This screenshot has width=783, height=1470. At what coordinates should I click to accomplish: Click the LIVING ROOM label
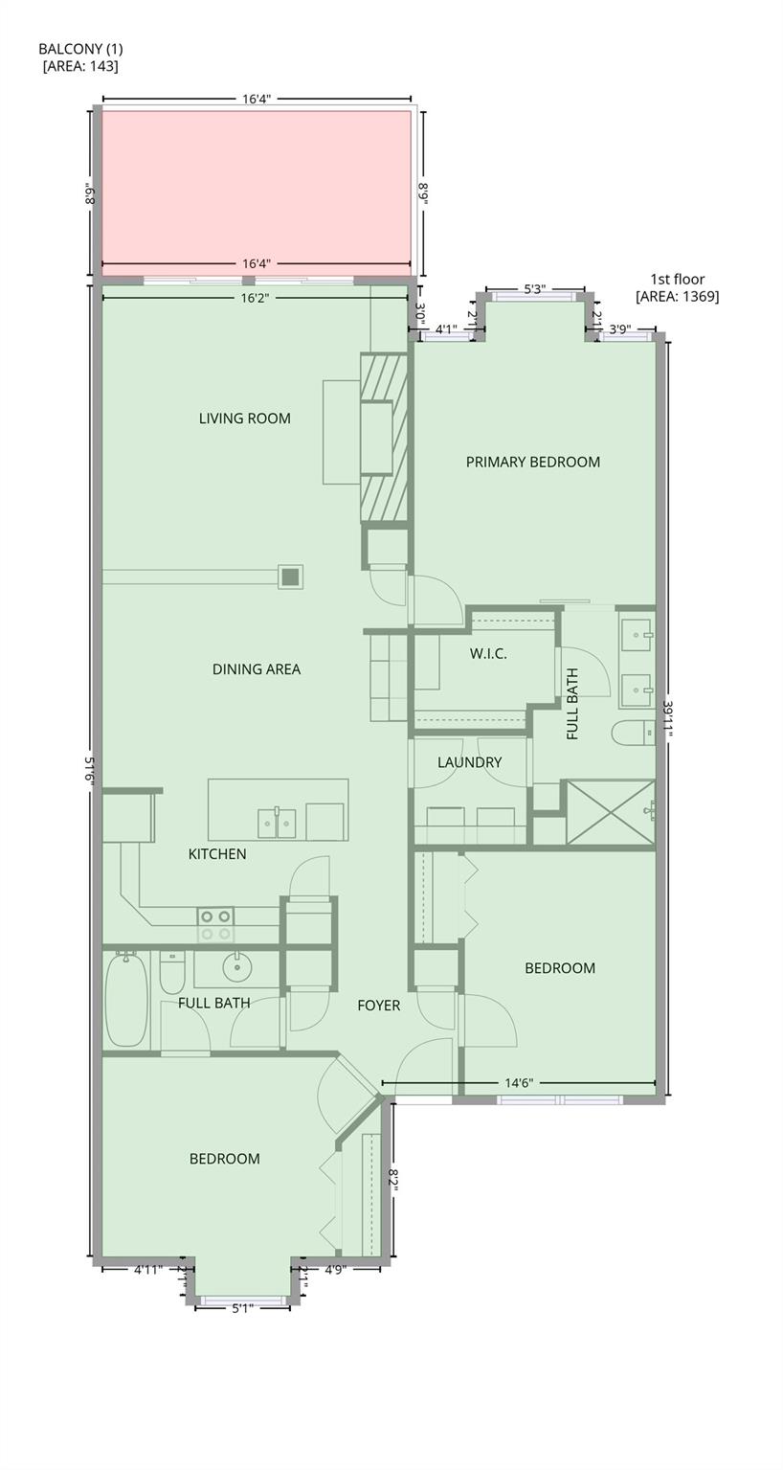tap(244, 418)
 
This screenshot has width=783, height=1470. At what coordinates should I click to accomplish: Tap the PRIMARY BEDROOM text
tap(532, 462)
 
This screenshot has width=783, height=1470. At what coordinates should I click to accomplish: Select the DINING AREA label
tap(257, 669)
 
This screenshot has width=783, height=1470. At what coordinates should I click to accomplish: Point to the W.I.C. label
tap(487, 654)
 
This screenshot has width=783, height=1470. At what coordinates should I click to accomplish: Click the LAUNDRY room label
tap(469, 762)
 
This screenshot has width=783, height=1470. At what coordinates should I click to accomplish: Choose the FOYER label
tap(378, 1006)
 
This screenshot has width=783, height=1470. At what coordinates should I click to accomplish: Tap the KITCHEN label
tap(217, 854)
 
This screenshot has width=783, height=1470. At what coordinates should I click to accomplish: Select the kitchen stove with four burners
tap(215, 924)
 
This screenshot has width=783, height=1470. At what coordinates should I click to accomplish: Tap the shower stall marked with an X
tap(610, 812)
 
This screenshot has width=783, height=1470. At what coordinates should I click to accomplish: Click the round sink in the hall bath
tap(236, 969)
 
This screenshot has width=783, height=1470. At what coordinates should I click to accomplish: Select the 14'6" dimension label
tap(519, 1083)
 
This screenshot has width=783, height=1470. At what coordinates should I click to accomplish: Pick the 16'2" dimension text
tap(256, 298)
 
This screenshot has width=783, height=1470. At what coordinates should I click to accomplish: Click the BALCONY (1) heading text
tap(80, 49)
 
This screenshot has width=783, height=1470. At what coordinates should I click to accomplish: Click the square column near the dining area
tap(290, 577)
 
